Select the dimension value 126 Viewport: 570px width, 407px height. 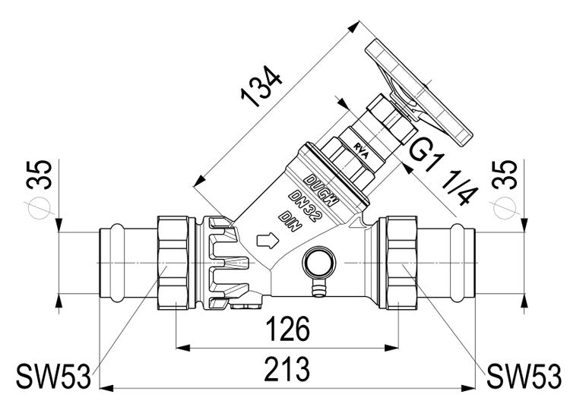[290, 331]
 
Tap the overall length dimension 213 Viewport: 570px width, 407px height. [290, 370]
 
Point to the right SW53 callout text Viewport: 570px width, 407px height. [524, 374]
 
